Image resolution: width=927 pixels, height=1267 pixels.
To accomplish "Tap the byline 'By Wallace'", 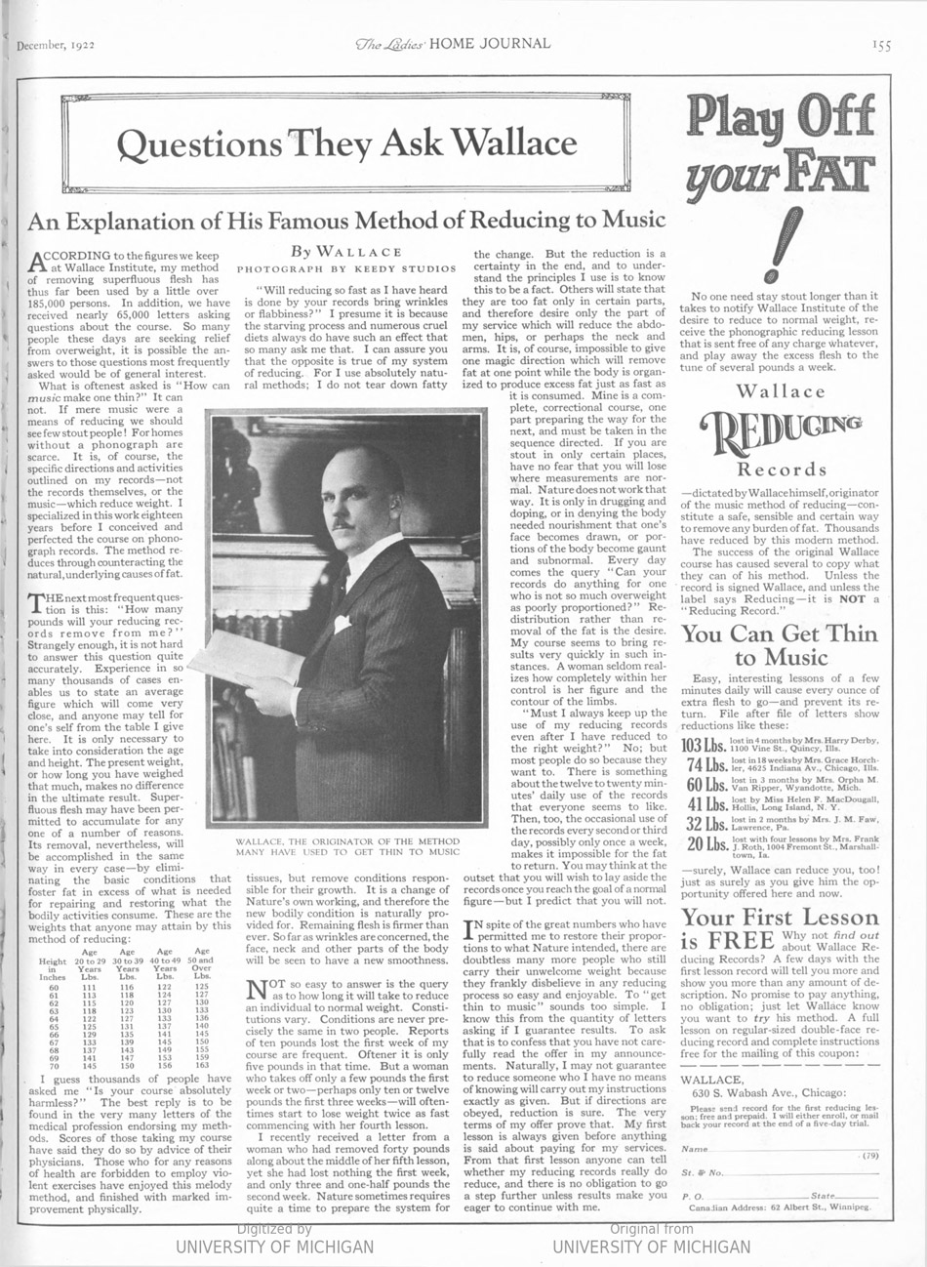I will click(x=349, y=252).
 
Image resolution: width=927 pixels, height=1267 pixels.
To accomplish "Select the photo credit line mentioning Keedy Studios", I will click(x=348, y=267).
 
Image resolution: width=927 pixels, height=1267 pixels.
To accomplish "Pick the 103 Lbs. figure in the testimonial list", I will click(x=705, y=745).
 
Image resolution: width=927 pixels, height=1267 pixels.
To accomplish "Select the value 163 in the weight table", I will click(x=203, y=1065).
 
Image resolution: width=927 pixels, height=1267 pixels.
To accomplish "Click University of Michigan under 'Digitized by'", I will click(x=274, y=1247).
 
